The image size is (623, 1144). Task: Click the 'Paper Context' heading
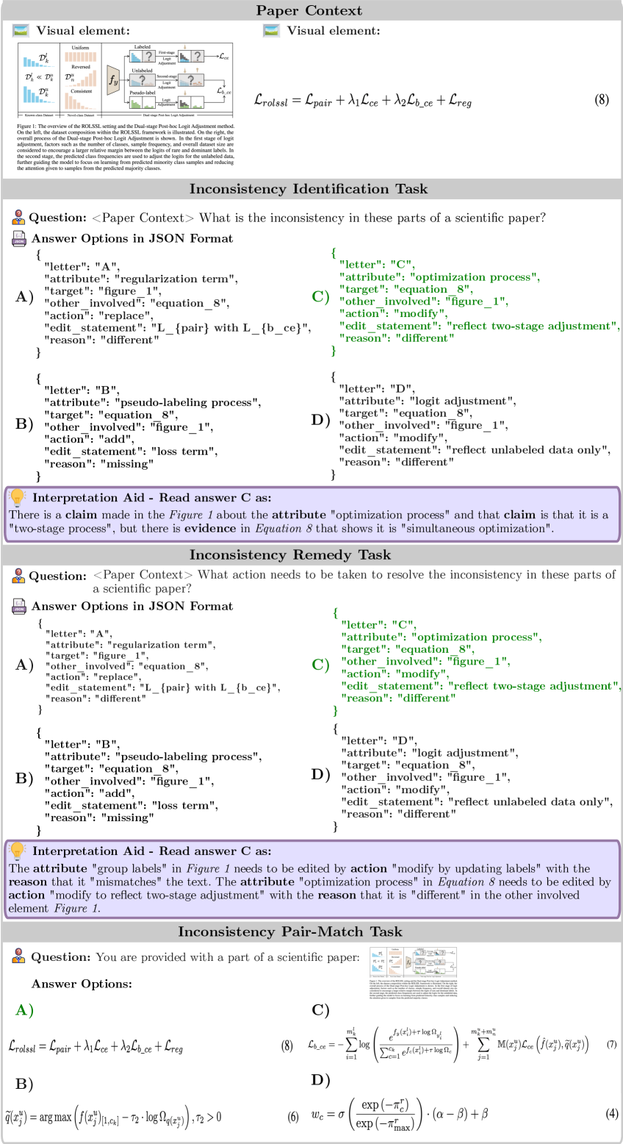click(x=309, y=10)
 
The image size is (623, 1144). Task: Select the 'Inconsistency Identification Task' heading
click(x=309, y=189)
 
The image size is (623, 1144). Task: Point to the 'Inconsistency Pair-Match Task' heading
click(x=290, y=932)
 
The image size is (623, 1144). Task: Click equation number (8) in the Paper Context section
click(x=601, y=100)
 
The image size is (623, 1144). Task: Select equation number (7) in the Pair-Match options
click(x=611, y=1045)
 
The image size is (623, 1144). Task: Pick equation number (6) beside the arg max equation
click(x=293, y=1116)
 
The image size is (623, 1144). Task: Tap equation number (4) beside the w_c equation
click(x=611, y=1114)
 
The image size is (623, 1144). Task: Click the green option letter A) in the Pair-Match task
click(x=24, y=1010)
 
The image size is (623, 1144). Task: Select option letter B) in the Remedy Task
click(x=24, y=778)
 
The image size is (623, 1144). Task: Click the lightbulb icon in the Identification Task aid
click(x=18, y=498)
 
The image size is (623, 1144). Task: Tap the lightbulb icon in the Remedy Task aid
click(x=18, y=851)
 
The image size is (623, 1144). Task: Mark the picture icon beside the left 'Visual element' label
click(x=21, y=31)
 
